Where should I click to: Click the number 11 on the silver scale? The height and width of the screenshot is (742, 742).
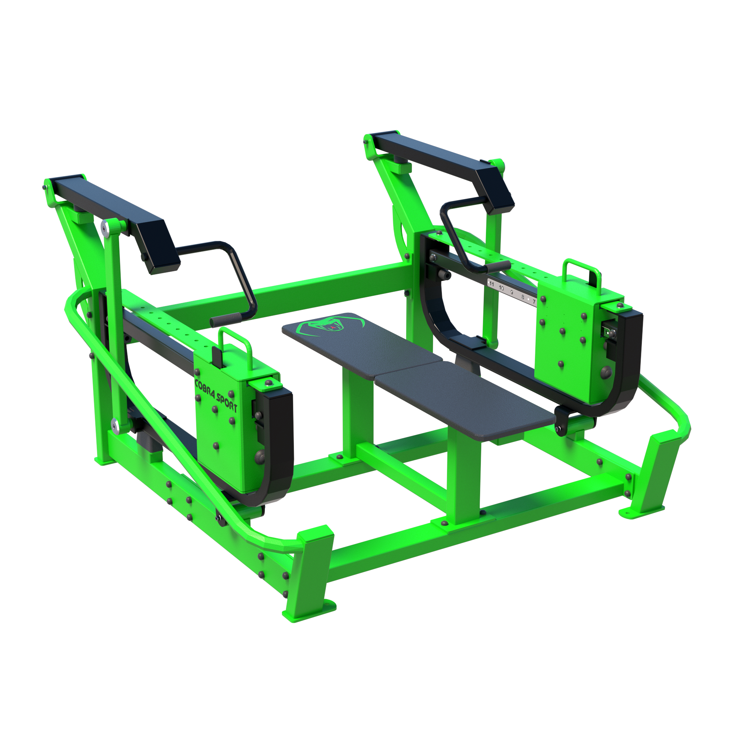492,284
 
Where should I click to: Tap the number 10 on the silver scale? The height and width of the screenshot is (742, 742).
501,288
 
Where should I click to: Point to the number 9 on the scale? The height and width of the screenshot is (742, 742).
512,292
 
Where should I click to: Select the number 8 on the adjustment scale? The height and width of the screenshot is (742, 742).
523,297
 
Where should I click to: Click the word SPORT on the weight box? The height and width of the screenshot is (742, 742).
227,402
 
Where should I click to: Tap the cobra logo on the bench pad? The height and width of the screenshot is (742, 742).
331,326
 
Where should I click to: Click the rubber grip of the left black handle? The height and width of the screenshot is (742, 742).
226,319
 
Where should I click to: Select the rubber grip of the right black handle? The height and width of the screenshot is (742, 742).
498,266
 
